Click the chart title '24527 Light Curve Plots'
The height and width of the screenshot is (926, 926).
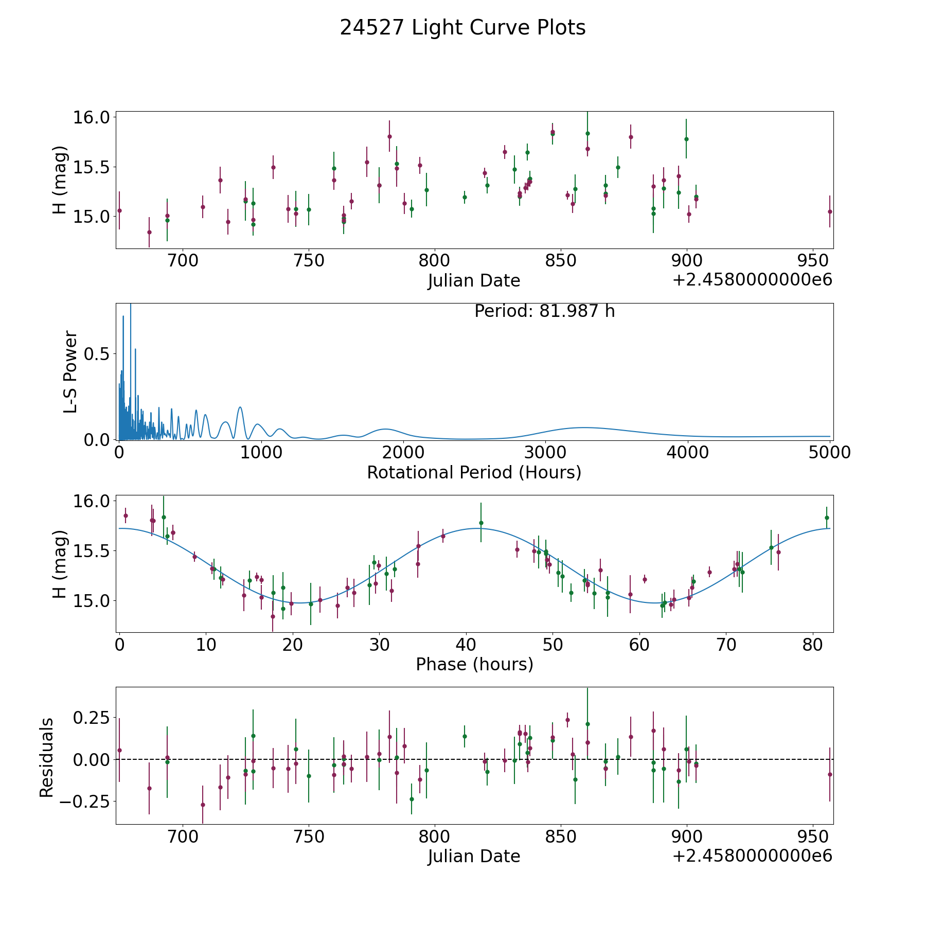(x=462, y=28)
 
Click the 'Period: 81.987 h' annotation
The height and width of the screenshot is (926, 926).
(x=545, y=311)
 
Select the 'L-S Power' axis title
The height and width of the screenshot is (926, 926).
(x=70, y=372)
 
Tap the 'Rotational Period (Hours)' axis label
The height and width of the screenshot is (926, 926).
(x=474, y=472)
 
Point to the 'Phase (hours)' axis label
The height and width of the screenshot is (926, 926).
(x=474, y=664)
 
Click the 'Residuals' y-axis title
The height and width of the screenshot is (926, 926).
(x=46, y=758)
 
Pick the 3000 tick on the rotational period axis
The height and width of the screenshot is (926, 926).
(x=545, y=452)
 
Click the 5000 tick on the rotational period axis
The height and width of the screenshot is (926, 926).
(x=829, y=452)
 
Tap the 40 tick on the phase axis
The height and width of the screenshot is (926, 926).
(x=466, y=644)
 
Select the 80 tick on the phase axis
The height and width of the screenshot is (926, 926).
(x=813, y=644)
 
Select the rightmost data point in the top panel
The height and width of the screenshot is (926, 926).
(x=830, y=211)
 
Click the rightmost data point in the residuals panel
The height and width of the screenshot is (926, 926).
(x=830, y=774)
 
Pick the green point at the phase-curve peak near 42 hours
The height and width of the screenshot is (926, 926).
(x=481, y=523)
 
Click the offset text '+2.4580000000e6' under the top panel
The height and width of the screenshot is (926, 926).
(x=753, y=279)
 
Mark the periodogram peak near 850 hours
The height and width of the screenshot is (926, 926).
(x=240, y=407)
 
